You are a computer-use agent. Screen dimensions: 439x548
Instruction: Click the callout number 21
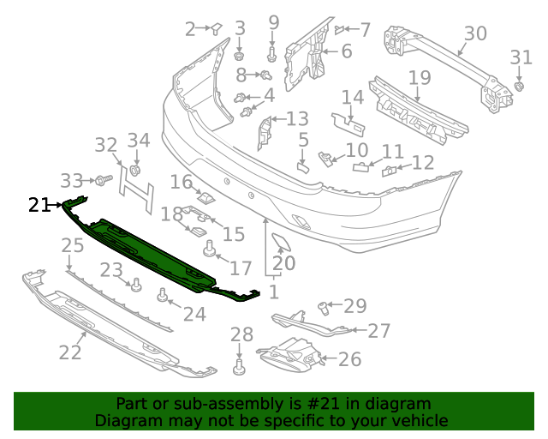(x=39, y=204)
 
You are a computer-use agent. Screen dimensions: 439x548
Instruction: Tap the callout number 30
(x=474, y=34)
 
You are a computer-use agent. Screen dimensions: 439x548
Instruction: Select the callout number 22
(x=70, y=351)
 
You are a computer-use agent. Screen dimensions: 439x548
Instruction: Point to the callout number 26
(x=349, y=358)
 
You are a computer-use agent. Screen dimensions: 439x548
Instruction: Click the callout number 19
(x=418, y=79)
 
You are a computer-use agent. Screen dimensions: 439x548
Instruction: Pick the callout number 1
(x=273, y=292)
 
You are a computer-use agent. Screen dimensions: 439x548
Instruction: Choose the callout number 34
(x=138, y=140)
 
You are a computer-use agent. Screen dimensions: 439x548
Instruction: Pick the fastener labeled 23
(x=135, y=285)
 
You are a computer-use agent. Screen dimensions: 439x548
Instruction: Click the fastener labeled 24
(x=162, y=297)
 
